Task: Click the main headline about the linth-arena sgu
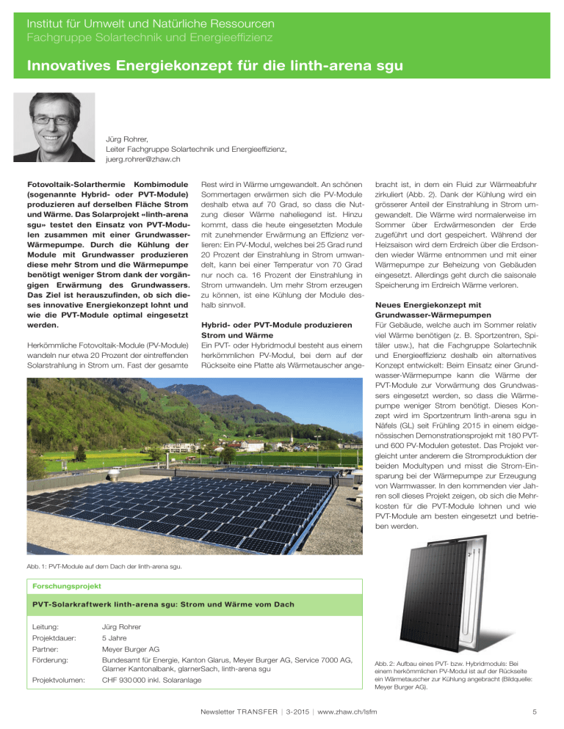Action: (x=214, y=67)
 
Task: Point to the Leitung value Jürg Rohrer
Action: (x=125, y=627)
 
